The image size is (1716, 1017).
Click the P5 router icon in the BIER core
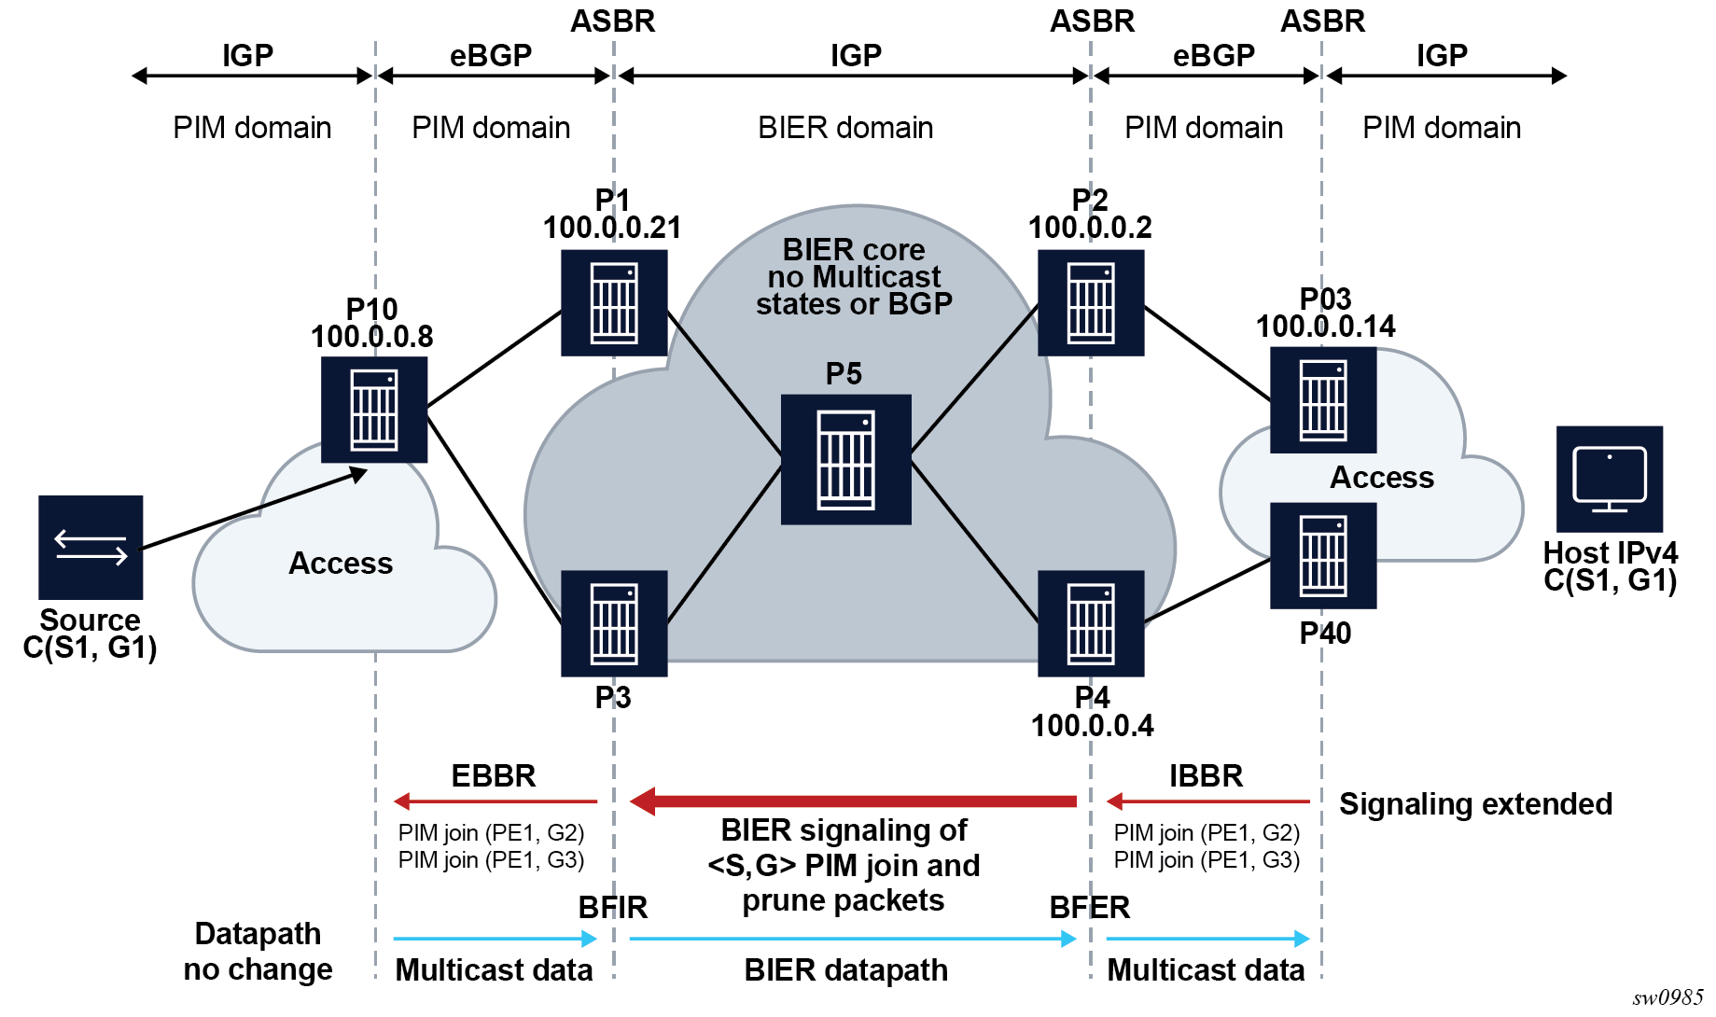pos(845,459)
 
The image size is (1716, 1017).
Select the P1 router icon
pos(614,302)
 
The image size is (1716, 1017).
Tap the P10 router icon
pos(374,410)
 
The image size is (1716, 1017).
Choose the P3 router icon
pos(614,623)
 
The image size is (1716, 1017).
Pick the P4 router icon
pos(1091,623)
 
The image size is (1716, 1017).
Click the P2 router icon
pos(1091,302)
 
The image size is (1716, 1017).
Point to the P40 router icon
pos(1323,555)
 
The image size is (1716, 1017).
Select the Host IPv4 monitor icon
pos(1610,479)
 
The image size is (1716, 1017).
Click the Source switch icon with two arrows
pos(91,547)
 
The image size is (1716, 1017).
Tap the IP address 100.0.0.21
pos(612,228)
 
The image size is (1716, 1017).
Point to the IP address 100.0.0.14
pos(1325,327)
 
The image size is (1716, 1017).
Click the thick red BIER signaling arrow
pos(853,801)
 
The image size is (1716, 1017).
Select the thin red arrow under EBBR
pos(495,801)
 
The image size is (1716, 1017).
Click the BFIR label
pos(612,907)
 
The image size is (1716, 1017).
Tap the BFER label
pos(1090,907)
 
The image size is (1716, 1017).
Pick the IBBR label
pos(1206,776)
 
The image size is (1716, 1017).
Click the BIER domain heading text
pos(845,128)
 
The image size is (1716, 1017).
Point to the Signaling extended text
pos(1475,804)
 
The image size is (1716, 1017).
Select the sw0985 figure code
pos(1667,998)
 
